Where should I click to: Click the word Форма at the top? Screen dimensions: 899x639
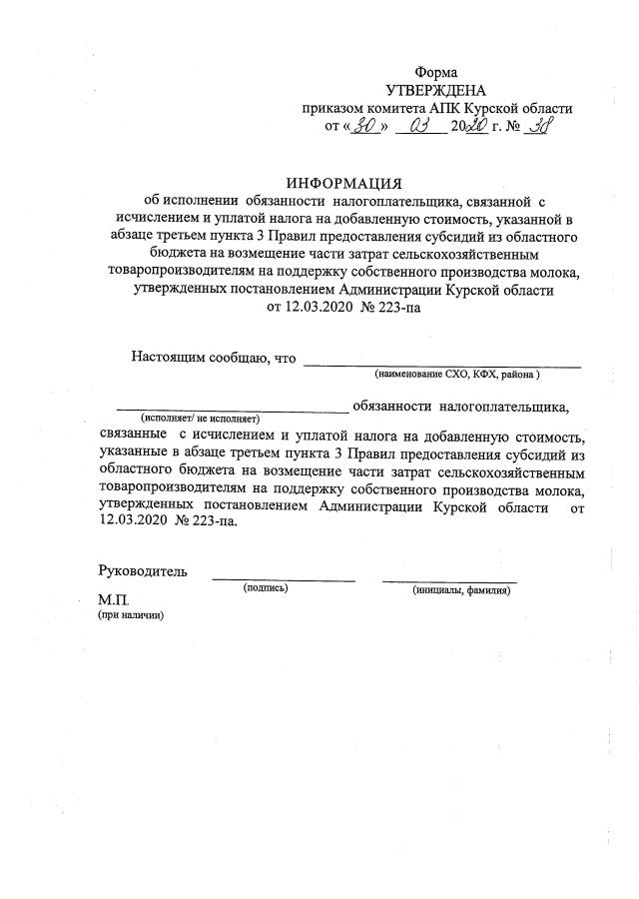(436, 72)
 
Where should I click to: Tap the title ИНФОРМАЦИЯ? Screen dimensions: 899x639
(343, 183)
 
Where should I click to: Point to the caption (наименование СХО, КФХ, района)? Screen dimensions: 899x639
(457, 374)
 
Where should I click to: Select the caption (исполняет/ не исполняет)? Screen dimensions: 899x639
(200, 419)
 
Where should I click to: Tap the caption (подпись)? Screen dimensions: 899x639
(266, 588)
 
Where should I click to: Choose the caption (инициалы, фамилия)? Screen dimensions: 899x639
(461, 590)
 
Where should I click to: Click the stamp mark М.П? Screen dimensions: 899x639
(114, 600)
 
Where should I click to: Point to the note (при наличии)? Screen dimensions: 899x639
(130, 615)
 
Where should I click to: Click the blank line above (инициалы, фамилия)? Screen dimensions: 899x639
(449, 580)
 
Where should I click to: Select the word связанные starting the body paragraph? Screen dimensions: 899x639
(134, 437)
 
